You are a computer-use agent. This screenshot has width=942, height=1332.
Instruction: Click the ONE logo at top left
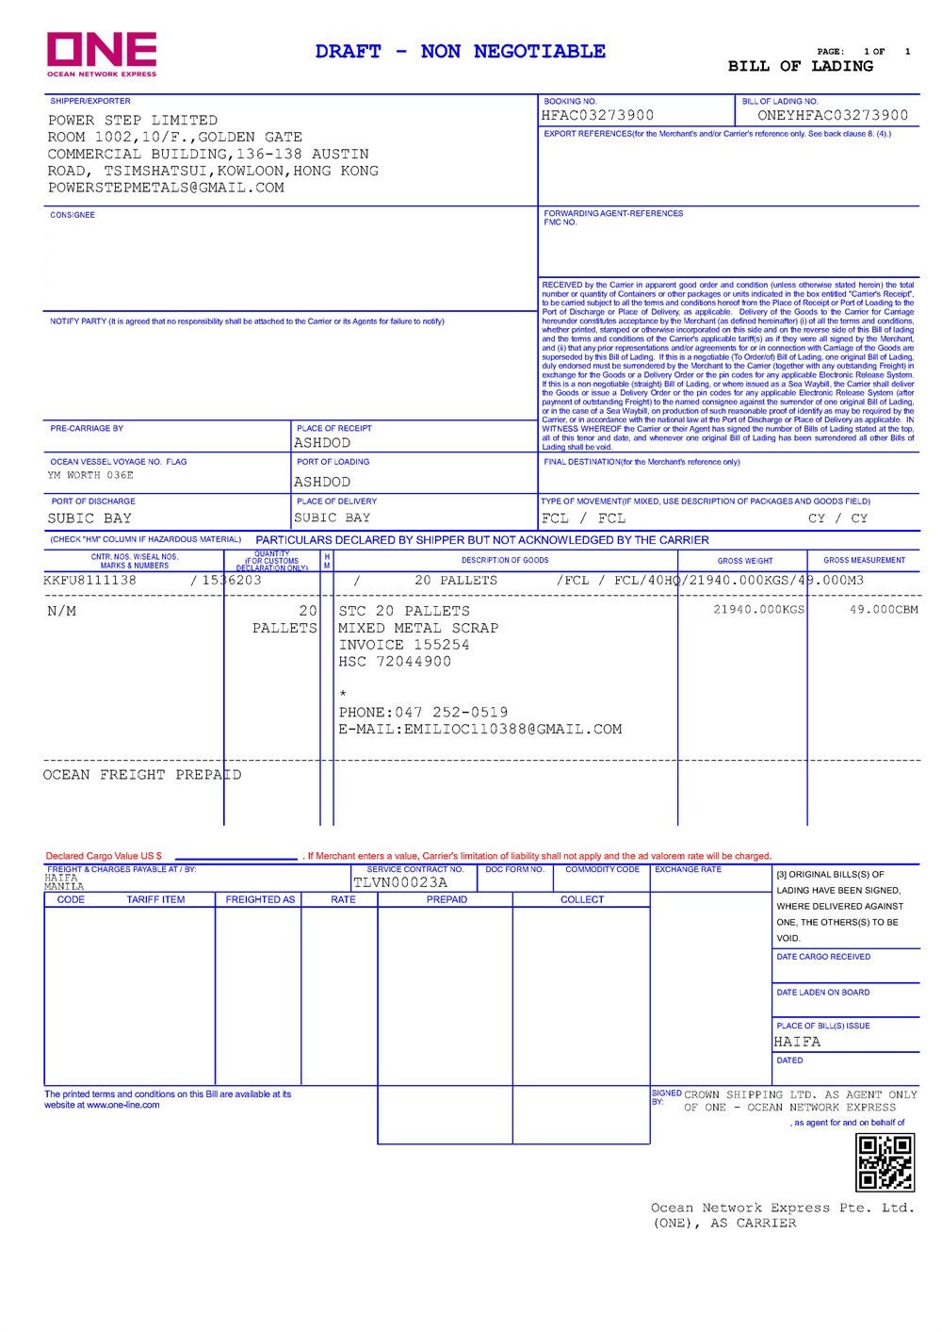point(102,53)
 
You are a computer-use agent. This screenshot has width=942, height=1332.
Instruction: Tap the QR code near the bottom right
point(884,1162)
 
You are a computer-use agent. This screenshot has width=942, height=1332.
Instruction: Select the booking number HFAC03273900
point(597,116)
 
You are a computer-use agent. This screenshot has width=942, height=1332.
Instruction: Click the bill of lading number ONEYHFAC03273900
point(833,116)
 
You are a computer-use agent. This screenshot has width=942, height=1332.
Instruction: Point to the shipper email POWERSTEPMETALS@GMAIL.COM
point(166,188)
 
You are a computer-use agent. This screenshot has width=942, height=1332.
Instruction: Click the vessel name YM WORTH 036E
point(90,475)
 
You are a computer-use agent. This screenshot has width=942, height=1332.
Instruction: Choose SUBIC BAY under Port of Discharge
point(89,518)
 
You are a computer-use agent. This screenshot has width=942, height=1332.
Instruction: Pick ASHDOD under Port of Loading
point(322,482)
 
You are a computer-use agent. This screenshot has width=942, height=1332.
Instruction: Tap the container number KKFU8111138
point(89,581)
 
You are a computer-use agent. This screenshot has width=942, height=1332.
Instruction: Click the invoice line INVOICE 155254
point(403,645)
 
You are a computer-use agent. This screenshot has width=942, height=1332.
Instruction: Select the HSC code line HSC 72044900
point(395,662)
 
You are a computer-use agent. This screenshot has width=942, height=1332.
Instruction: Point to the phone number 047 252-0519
point(451,713)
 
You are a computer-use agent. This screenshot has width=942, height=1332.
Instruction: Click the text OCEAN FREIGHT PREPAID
point(142,775)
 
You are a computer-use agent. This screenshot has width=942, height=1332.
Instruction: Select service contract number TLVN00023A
point(400,883)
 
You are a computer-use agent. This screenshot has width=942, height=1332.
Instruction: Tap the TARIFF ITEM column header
point(155,899)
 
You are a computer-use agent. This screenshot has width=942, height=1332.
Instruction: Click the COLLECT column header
point(581,899)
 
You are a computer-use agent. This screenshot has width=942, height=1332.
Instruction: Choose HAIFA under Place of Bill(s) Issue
point(797,1042)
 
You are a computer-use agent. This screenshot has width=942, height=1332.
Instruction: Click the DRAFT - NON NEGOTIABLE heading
point(461,52)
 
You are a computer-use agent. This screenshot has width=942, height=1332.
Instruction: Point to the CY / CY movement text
point(837,518)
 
